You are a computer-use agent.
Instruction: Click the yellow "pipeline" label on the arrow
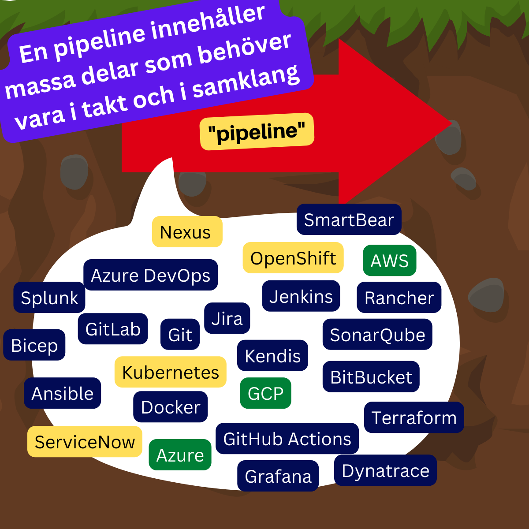point(257,131)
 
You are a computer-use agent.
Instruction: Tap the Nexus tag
point(187,232)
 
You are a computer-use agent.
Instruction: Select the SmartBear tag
point(349,220)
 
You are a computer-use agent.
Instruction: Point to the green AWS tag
point(390,261)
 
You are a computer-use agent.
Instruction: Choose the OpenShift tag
point(293,258)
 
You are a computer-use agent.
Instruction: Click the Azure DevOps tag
point(151,275)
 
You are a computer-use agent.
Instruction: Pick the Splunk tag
point(49,298)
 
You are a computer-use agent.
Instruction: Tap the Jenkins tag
point(301,296)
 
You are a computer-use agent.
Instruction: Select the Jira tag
point(227,318)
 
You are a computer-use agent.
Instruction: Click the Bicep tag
point(34,345)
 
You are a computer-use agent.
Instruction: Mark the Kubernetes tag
point(171,372)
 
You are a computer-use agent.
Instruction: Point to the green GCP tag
point(265,393)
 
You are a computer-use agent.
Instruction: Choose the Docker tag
point(171,407)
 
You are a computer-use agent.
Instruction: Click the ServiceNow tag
point(85,442)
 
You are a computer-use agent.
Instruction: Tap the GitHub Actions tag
point(287,439)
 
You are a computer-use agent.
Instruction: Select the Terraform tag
point(414,417)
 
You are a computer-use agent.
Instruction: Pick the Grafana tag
point(278,476)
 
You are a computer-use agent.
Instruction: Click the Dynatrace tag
point(385,470)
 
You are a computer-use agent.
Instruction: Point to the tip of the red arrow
point(451,123)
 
